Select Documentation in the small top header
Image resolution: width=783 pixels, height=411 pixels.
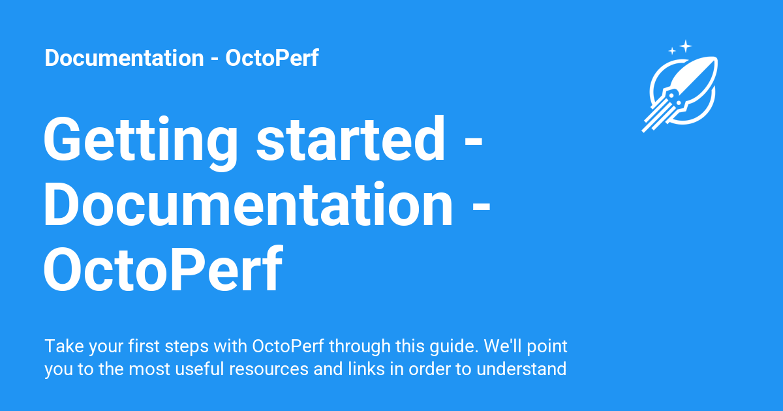pos(124,57)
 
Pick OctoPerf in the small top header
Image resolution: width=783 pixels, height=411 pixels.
pos(272,57)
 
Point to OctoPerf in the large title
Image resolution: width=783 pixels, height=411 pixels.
pos(162,268)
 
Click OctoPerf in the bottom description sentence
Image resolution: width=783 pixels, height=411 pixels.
pos(288,346)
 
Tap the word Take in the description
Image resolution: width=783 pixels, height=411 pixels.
pos(65,346)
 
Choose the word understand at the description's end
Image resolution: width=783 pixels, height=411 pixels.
pos(521,369)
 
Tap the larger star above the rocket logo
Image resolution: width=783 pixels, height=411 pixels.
pos(686,46)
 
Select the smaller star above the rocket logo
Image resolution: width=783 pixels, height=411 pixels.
pos(672,51)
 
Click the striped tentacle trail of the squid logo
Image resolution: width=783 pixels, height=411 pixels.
pos(656,116)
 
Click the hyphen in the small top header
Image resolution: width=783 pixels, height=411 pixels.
pos(215,60)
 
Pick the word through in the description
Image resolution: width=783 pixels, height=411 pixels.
pos(360,346)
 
